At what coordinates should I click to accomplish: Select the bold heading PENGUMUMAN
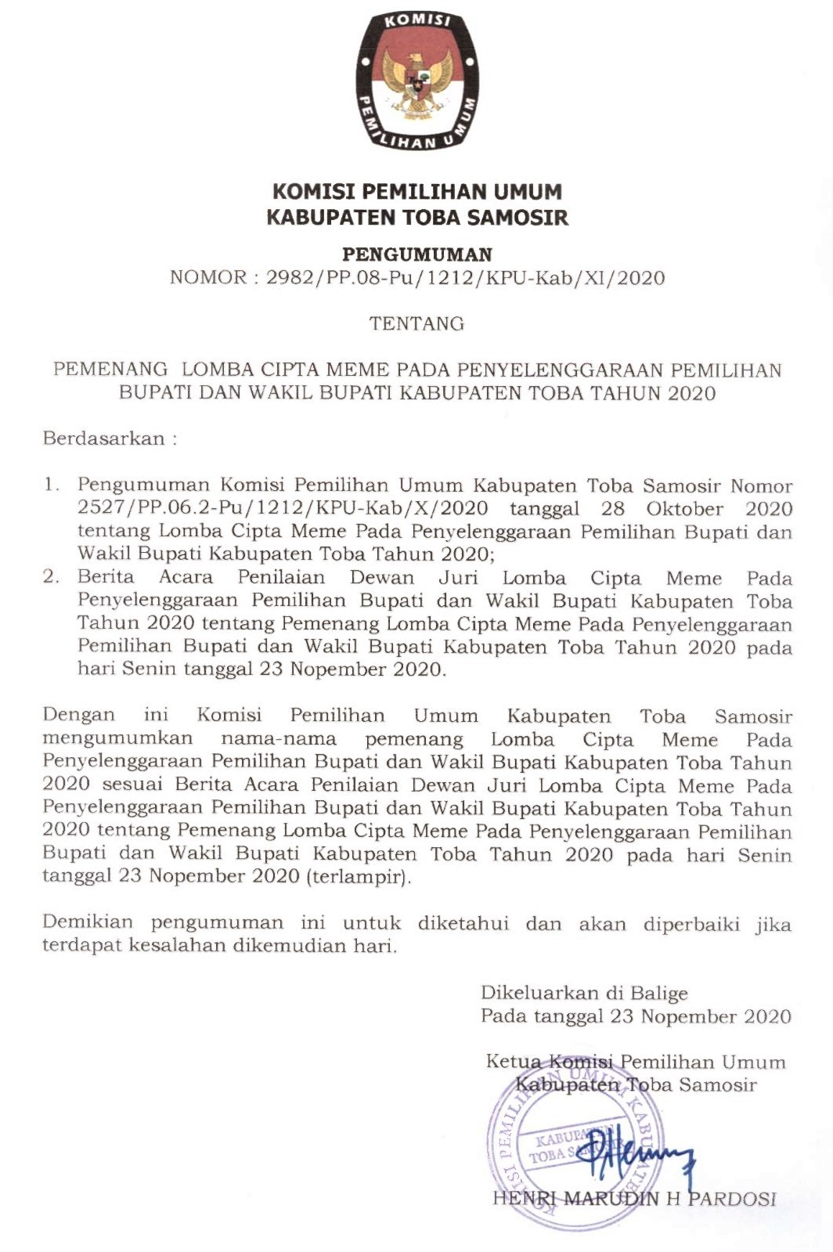417,254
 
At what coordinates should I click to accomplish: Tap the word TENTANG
416,323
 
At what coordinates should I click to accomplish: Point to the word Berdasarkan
104,438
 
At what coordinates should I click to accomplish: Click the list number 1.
52,485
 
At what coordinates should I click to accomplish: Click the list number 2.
52,578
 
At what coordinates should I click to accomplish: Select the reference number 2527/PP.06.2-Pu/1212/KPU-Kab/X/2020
283,508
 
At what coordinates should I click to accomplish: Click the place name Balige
657,994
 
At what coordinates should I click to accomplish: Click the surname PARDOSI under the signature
732,1199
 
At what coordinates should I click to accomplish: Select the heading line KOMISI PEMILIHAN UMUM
417,192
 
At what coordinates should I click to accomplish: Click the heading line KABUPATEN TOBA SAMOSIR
417,217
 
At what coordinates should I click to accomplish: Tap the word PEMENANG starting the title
110,369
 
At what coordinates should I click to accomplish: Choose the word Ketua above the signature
514,1062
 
